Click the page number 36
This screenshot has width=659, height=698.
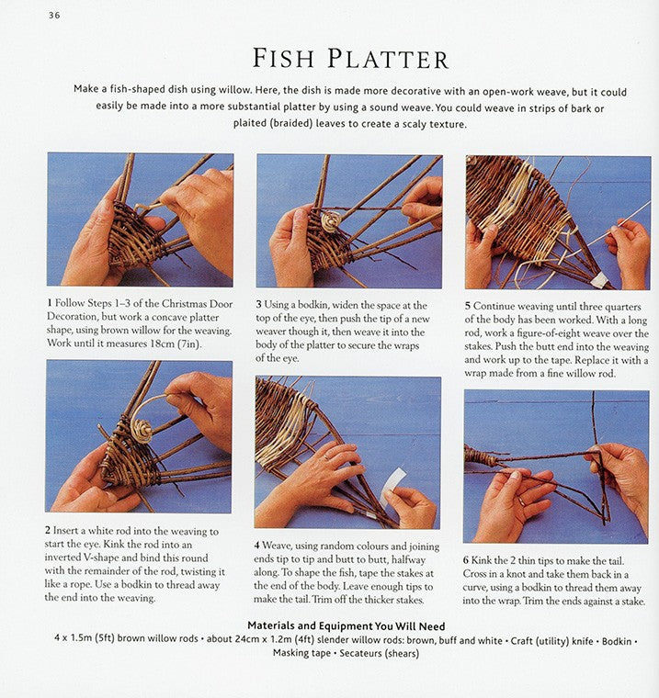tap(54, 15)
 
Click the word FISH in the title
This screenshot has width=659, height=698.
tap(283, 58)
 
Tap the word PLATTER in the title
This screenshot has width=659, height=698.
tap(388, 59)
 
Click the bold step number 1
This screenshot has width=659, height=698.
tap(50, 303)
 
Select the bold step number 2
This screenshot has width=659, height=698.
tap(47, 531)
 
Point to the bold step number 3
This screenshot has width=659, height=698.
tap(258, 305)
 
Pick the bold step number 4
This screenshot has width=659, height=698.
tap(257, 546)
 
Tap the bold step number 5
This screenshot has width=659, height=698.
tap(468, 306)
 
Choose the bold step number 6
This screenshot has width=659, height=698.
tap(466, 561)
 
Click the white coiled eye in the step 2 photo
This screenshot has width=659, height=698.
tap(144, 431)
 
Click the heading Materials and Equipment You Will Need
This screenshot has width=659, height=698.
tap(347, 625)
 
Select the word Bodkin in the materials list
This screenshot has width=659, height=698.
tap(617, 641)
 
